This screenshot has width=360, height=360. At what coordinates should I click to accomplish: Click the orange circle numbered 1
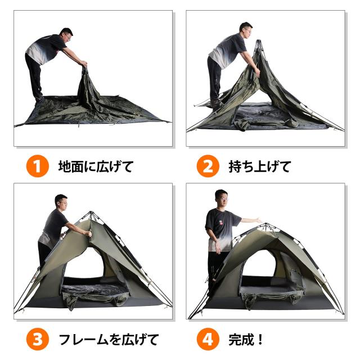[37, 167]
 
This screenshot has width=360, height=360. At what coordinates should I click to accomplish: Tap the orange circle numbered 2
[207, 167]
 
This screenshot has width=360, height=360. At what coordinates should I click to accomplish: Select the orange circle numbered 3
[37, 340]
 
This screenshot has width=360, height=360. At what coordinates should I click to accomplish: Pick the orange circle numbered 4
[207, 340]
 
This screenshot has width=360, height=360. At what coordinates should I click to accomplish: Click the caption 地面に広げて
[96, 167]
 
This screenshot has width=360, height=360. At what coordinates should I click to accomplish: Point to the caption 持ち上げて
[259, 167]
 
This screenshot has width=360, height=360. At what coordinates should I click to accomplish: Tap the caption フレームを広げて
[109, 340]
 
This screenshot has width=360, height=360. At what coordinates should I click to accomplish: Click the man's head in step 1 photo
[66, 35]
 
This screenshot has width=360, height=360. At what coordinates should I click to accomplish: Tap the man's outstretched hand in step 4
[258, 219]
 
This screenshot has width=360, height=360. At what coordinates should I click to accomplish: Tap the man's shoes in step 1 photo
[39, 100]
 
